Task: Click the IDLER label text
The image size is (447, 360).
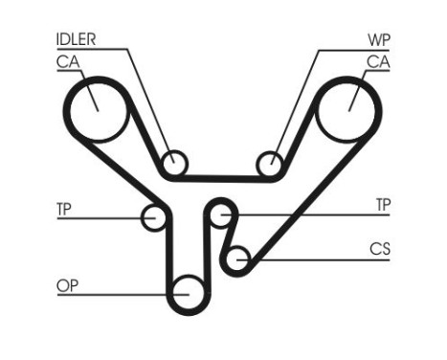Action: tap(77, 39)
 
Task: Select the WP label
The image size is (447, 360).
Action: tap(378, 39)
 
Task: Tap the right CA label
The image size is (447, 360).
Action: tap(378, 61)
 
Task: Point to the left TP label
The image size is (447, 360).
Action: tap(64, 206)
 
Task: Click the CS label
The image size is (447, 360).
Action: tap(381, 247)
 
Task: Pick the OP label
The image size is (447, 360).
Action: tap(65, 284)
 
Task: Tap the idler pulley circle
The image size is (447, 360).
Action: tap(173, 164)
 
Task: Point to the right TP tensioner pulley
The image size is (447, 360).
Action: tap(222, 214)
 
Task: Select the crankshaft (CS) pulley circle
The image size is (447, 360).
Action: tap(238, 257)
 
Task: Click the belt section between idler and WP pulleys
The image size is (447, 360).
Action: tap(222, 177)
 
